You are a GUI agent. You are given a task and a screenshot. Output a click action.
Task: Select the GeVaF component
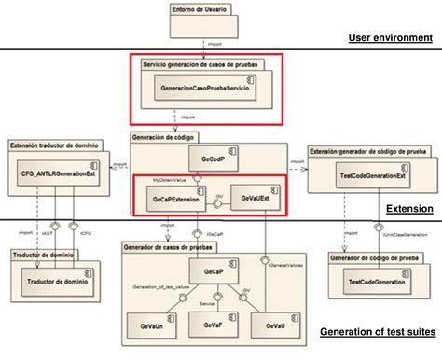[212, 326]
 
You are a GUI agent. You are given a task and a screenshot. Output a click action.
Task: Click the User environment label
[391, 38]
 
